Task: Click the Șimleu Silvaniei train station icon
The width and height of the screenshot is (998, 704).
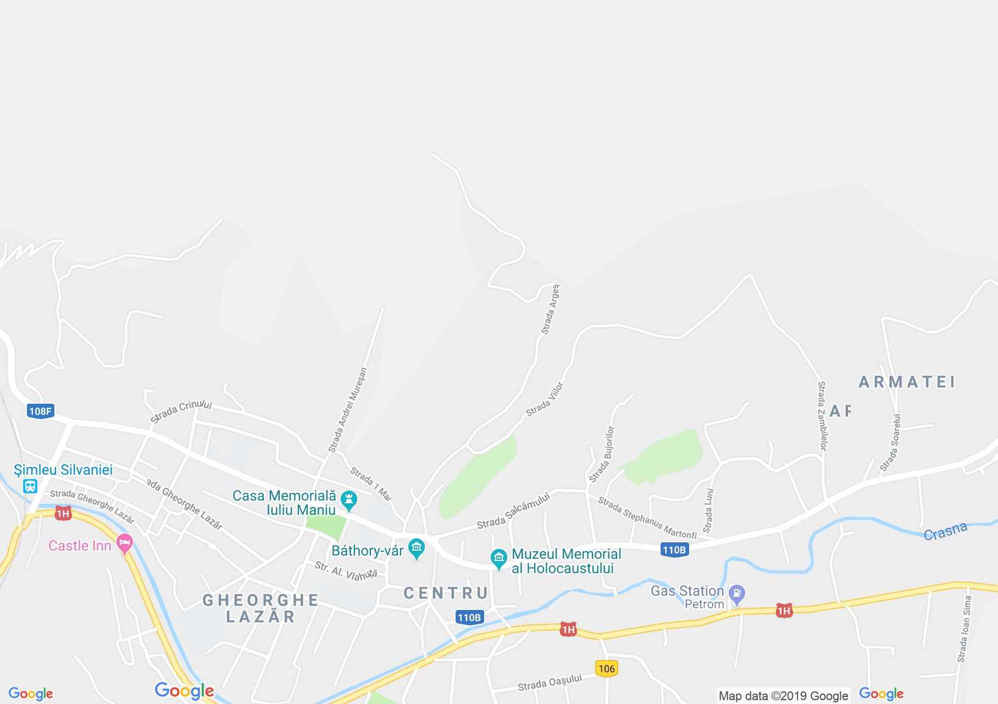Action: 30,486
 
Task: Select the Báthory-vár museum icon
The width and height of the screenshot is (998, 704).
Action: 417,548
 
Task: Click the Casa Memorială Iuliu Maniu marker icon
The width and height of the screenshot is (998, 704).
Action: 348,501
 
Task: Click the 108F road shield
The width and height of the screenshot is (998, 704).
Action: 40,411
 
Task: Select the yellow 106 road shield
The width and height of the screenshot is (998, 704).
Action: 607,669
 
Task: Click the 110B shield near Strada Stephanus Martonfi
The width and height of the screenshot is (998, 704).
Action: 674,549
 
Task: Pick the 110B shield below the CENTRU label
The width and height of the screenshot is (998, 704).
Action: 469,618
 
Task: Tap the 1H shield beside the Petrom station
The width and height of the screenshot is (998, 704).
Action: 784,610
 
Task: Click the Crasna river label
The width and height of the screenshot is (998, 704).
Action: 945,531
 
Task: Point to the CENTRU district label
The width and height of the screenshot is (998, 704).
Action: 446,593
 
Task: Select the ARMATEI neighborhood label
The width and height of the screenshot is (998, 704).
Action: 907,382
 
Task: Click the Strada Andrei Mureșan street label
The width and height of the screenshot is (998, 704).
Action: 347,410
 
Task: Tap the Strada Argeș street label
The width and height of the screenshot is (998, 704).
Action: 550,309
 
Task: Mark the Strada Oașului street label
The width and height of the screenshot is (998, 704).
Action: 550,683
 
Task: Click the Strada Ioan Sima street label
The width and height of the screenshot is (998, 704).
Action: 964,629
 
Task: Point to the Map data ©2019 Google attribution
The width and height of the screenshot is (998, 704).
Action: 783,696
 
